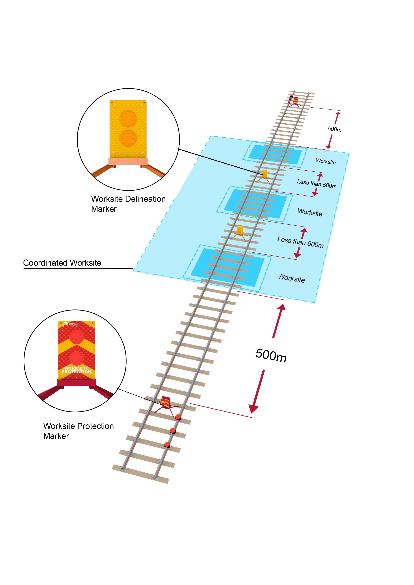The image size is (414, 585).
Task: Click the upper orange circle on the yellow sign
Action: [128, 118]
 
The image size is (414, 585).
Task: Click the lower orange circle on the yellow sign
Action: [128, 138]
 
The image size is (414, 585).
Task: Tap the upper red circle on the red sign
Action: [76, 337]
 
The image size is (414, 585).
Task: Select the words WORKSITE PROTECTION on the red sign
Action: [76, 370]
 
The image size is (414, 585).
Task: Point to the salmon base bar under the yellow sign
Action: [128, 161]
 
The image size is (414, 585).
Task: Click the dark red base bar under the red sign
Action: [76, 383]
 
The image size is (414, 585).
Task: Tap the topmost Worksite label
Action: [326, 161]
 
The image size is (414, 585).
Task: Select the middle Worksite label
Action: [310, 212]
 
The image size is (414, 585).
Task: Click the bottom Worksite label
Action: [291, 278]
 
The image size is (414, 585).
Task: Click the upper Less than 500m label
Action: [317, 183]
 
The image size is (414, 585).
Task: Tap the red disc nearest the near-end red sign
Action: [178, 417]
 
